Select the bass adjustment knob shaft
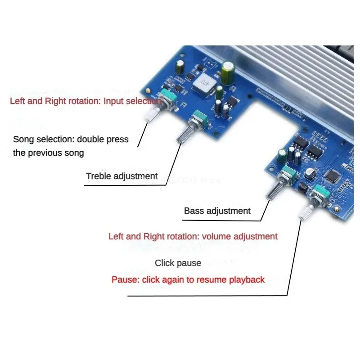click(274, 192)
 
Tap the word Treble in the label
click(98, 176)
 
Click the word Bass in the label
click(194, 210)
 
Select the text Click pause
click(178, 263)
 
